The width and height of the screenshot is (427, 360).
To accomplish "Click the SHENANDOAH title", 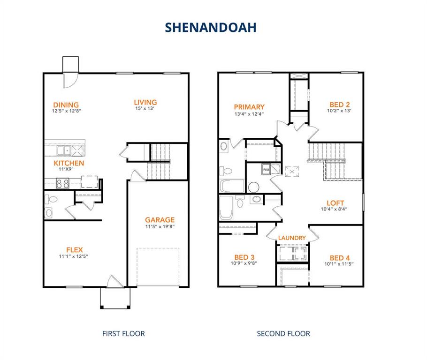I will [210, 27].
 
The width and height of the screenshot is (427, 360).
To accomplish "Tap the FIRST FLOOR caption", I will [123, 334].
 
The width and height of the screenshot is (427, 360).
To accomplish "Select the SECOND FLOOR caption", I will [283, 334].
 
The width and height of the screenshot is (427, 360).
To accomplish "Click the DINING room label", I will [66, 105].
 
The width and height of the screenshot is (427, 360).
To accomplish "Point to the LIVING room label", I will [145, 102].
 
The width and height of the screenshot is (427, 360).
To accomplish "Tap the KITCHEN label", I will [69, 163].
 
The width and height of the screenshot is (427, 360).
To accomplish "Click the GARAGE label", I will [160, 219].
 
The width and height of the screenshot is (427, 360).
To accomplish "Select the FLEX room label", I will [74, 250].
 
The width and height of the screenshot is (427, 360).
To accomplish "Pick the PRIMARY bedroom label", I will [249, 107].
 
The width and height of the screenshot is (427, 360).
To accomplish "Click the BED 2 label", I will [340, 105].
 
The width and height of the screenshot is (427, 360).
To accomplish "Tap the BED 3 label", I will [244, 257].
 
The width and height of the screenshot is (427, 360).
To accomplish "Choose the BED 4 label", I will [340, 258].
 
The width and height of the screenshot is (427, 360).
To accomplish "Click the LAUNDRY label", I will [292, 238].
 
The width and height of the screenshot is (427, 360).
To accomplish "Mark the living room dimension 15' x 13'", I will [145, 108].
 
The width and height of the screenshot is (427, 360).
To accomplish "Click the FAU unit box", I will [266, 169].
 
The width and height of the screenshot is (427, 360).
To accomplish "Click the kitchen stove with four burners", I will [62, 184].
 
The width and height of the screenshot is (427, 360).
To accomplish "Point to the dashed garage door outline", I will [158, 267].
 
